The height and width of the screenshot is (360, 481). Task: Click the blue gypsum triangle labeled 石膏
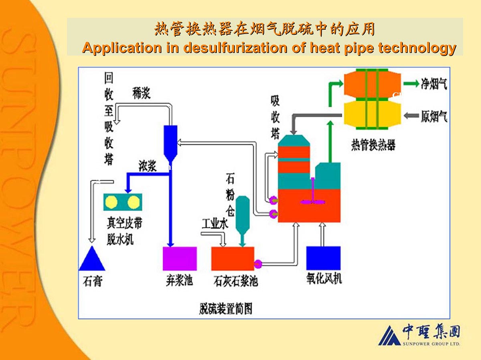92,260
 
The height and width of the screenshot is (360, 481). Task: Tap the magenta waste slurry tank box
180,258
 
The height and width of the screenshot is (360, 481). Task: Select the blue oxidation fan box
323,258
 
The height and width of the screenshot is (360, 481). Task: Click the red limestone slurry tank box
232,258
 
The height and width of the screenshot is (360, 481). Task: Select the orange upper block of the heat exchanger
372,84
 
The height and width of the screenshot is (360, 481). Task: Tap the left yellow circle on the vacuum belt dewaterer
111,203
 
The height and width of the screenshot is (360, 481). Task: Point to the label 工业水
215,224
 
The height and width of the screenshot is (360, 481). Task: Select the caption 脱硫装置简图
226,308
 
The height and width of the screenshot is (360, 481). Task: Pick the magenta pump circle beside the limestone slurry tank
258,263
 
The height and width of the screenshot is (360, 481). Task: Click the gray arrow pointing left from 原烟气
410,116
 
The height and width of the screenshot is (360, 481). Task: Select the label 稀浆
141,95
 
